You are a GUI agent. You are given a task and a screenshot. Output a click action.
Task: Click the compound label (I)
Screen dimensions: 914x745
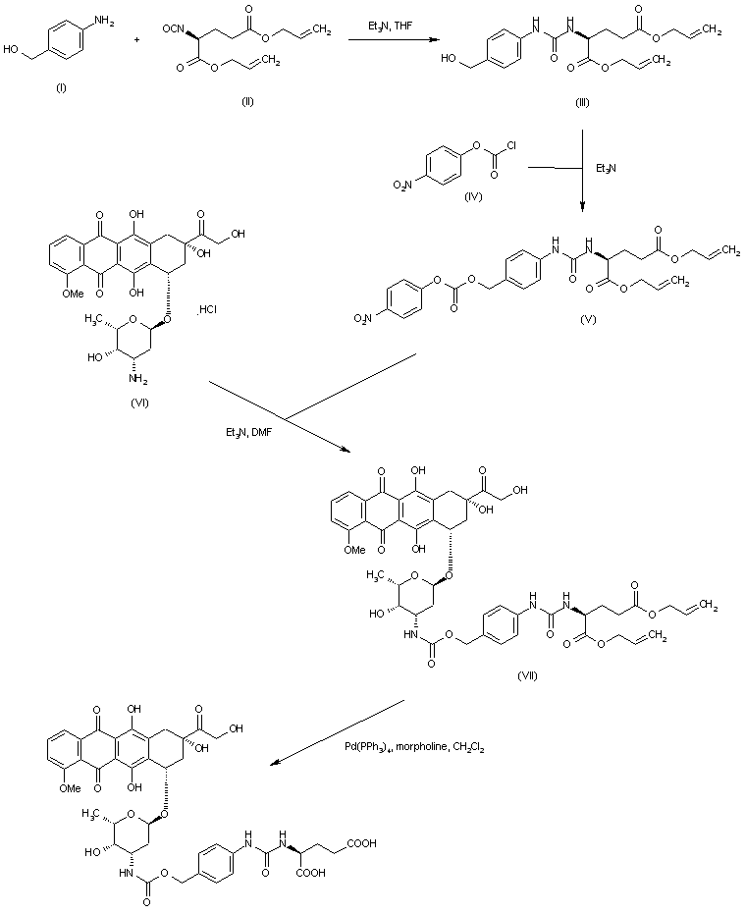coord(61,89)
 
